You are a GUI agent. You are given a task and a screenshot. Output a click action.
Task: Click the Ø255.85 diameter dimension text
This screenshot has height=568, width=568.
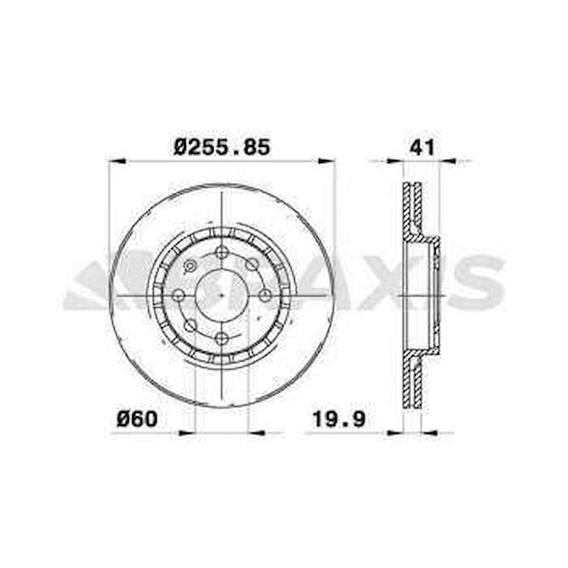click(x=222, y=147)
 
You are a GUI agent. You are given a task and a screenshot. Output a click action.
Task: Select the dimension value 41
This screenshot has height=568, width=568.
click(x=422, y=147)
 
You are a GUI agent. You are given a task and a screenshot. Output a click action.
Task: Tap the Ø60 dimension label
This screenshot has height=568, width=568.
click(x=137, y=419)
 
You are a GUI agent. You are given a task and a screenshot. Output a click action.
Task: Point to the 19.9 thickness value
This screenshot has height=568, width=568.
click(x=339, y=419)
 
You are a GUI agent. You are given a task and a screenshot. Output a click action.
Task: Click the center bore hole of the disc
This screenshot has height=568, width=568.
click(x=221, y=296)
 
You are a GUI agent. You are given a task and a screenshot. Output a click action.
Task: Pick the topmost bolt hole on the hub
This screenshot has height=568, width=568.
click(x=221, y=252)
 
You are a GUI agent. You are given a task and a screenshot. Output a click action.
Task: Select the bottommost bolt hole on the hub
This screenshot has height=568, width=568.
click(x=221, y=338)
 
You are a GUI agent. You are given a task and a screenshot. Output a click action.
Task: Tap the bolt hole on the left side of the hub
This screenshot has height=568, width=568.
click(x=179, y=296)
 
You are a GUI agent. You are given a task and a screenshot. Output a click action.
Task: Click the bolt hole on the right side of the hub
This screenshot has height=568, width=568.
click(x=265, y=296)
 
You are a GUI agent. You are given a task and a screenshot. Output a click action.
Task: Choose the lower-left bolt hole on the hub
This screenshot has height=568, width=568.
click(x=191, y=325)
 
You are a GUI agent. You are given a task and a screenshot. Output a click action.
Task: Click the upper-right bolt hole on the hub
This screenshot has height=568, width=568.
click(x=251, y=264)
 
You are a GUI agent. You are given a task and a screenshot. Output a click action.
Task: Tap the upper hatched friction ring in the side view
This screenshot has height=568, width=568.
click(x=413, y=207)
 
